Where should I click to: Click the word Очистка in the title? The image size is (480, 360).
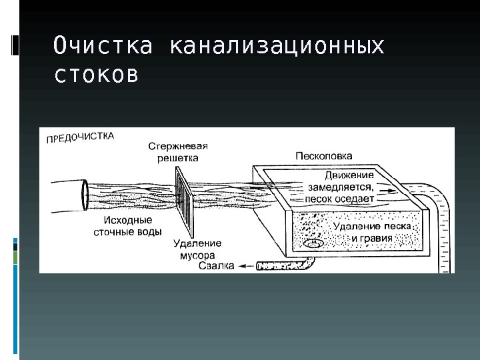pos(103,47)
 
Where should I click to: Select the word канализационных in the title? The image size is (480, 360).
pos(277,47)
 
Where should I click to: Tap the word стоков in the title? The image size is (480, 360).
pos(96,75)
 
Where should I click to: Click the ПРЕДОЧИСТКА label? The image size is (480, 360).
pos(80,137)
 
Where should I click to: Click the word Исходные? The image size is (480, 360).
pos(128,220)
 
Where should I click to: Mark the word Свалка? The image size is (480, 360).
pos(217,266)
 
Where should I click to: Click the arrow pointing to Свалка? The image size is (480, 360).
pos(246,266)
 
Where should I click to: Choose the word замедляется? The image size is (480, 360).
pos(339,187)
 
